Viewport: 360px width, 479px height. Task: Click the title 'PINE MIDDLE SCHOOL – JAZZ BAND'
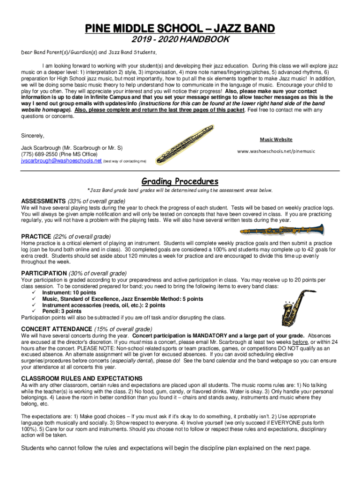pyautogui.click(x=180, y=29)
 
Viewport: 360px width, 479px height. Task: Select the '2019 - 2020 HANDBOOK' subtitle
pyautogui.click(x=180, y=40)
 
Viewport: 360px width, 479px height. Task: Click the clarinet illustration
pyautogui.click(x=281, y=230)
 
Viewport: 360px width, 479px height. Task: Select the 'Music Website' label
pyautogui.click(x=276, y=139)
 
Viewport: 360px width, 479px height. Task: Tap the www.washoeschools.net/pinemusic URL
pyautogui.click(x=276, y=151)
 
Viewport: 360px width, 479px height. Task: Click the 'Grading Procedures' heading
pyautogui.click(x=180, y=181)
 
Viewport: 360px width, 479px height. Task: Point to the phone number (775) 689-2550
pyautogui.click(x=42, y=154)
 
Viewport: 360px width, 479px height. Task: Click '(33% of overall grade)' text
pyautogui.click(x=97, y=201)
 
